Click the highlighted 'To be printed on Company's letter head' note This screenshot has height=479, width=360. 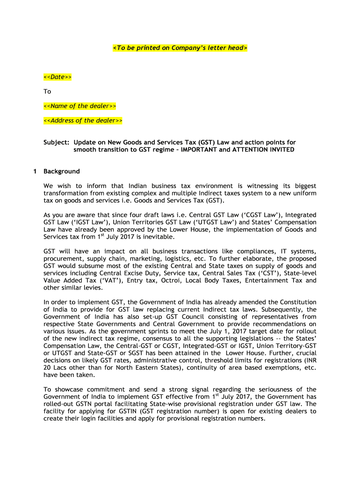(180, 48)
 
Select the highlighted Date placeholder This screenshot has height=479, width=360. (58, 77)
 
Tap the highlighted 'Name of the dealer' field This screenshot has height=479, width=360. (79, 106)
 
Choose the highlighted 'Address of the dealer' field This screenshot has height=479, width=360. (83, 121)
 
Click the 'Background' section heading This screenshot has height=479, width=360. (62, 171)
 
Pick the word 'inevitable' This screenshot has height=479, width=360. (158, 237)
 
